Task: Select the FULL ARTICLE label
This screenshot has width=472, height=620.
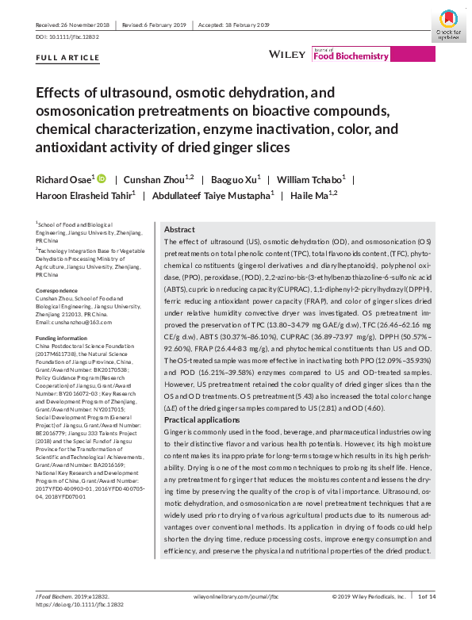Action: (x=68, y=58)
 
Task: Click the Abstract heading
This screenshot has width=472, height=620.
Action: (x=178, y=228)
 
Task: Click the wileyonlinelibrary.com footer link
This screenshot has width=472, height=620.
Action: (x=236, y=596)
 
